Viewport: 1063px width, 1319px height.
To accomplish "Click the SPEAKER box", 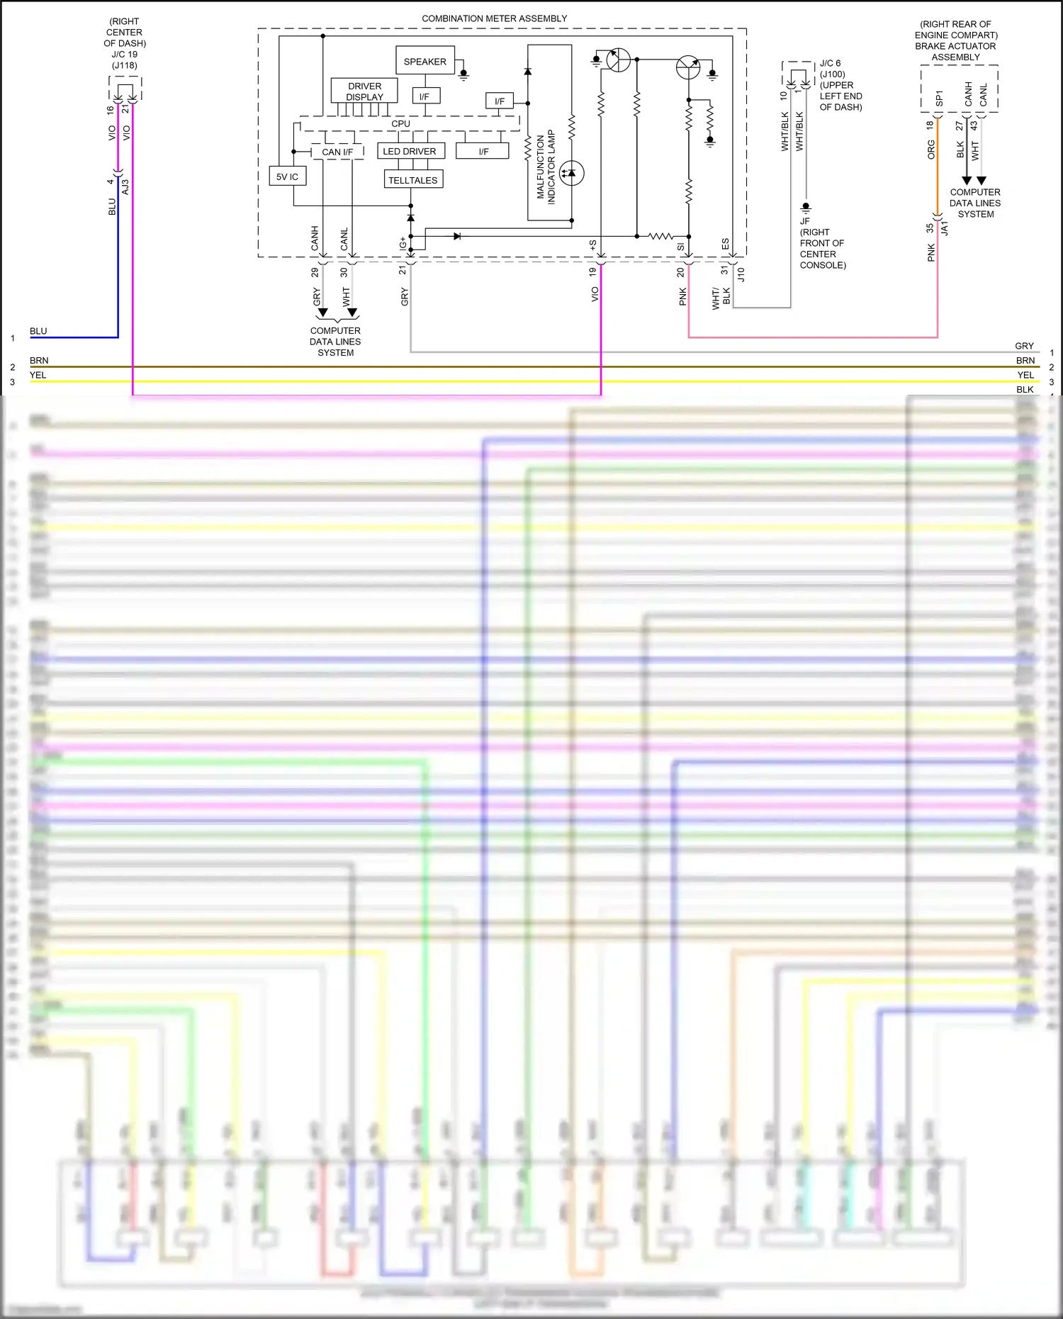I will tap(424, 62).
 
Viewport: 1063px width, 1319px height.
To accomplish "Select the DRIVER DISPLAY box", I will tap(364, 91).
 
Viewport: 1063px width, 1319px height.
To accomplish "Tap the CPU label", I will tap(400, 123).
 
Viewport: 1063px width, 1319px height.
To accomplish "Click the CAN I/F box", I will tap(337, 152).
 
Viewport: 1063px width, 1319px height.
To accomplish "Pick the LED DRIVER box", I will tap(410, 151).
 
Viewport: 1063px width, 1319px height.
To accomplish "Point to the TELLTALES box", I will tap(413, 180).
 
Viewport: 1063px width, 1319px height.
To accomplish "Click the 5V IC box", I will tap(287, 176).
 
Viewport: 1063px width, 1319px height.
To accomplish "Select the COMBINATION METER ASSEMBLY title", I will tap(494, 18).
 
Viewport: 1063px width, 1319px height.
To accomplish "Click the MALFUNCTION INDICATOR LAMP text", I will tap(546, 167).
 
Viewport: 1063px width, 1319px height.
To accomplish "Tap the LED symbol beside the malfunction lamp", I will tap(571, 173).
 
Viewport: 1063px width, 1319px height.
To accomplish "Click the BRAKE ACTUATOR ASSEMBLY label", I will tap(955, 51).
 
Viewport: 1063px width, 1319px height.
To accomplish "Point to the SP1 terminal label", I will tap(939, 98).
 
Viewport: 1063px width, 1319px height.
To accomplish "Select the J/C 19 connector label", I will tap(124, 54).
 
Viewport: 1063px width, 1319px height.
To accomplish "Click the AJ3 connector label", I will tap(125, 186).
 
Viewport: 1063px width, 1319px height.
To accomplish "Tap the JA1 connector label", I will tap(945, 228).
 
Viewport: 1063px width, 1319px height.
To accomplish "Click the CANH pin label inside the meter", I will tap(315, 238).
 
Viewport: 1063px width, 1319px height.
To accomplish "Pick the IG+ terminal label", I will tap(403, 243).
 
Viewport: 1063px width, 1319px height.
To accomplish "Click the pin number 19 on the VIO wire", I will tap(592, 271).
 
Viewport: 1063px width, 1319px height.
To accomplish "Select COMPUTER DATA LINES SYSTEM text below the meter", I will tap(335, 342).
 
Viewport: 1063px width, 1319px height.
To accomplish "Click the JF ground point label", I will tap(805, 221).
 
